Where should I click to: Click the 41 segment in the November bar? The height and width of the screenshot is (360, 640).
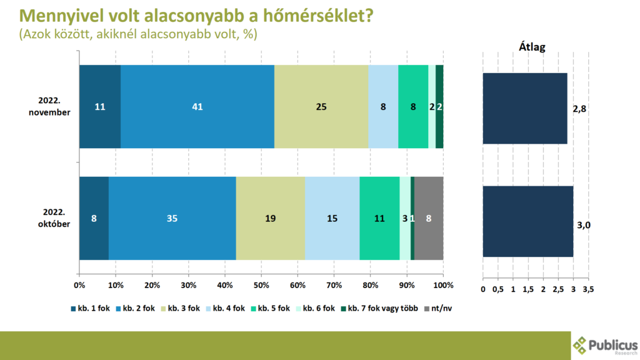197,106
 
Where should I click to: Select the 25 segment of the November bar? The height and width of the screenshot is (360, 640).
321,106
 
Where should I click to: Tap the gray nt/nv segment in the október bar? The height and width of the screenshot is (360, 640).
429,218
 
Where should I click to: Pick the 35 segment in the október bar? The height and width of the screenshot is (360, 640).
172,218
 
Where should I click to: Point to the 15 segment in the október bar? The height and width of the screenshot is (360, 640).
332,218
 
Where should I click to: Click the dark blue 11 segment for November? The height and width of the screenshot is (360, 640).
100,106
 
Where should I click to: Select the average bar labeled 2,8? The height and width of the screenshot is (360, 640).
525,109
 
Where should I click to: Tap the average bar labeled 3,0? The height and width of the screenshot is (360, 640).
527,222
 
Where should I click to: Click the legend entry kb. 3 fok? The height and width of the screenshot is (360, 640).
181,309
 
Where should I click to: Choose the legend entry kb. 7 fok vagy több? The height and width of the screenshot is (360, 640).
379,309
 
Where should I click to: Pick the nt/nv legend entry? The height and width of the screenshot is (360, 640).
438,309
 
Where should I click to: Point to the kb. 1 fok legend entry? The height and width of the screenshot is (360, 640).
91,309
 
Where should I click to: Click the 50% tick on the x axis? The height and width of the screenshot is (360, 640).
261,285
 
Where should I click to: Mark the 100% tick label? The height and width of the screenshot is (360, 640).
443,285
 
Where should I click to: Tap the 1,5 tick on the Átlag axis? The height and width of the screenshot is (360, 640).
528,289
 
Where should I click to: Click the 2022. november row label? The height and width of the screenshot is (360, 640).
49,106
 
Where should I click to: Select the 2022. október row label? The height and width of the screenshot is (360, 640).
54,218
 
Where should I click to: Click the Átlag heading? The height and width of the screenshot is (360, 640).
532,47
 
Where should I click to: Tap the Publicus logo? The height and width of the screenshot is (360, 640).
605,346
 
